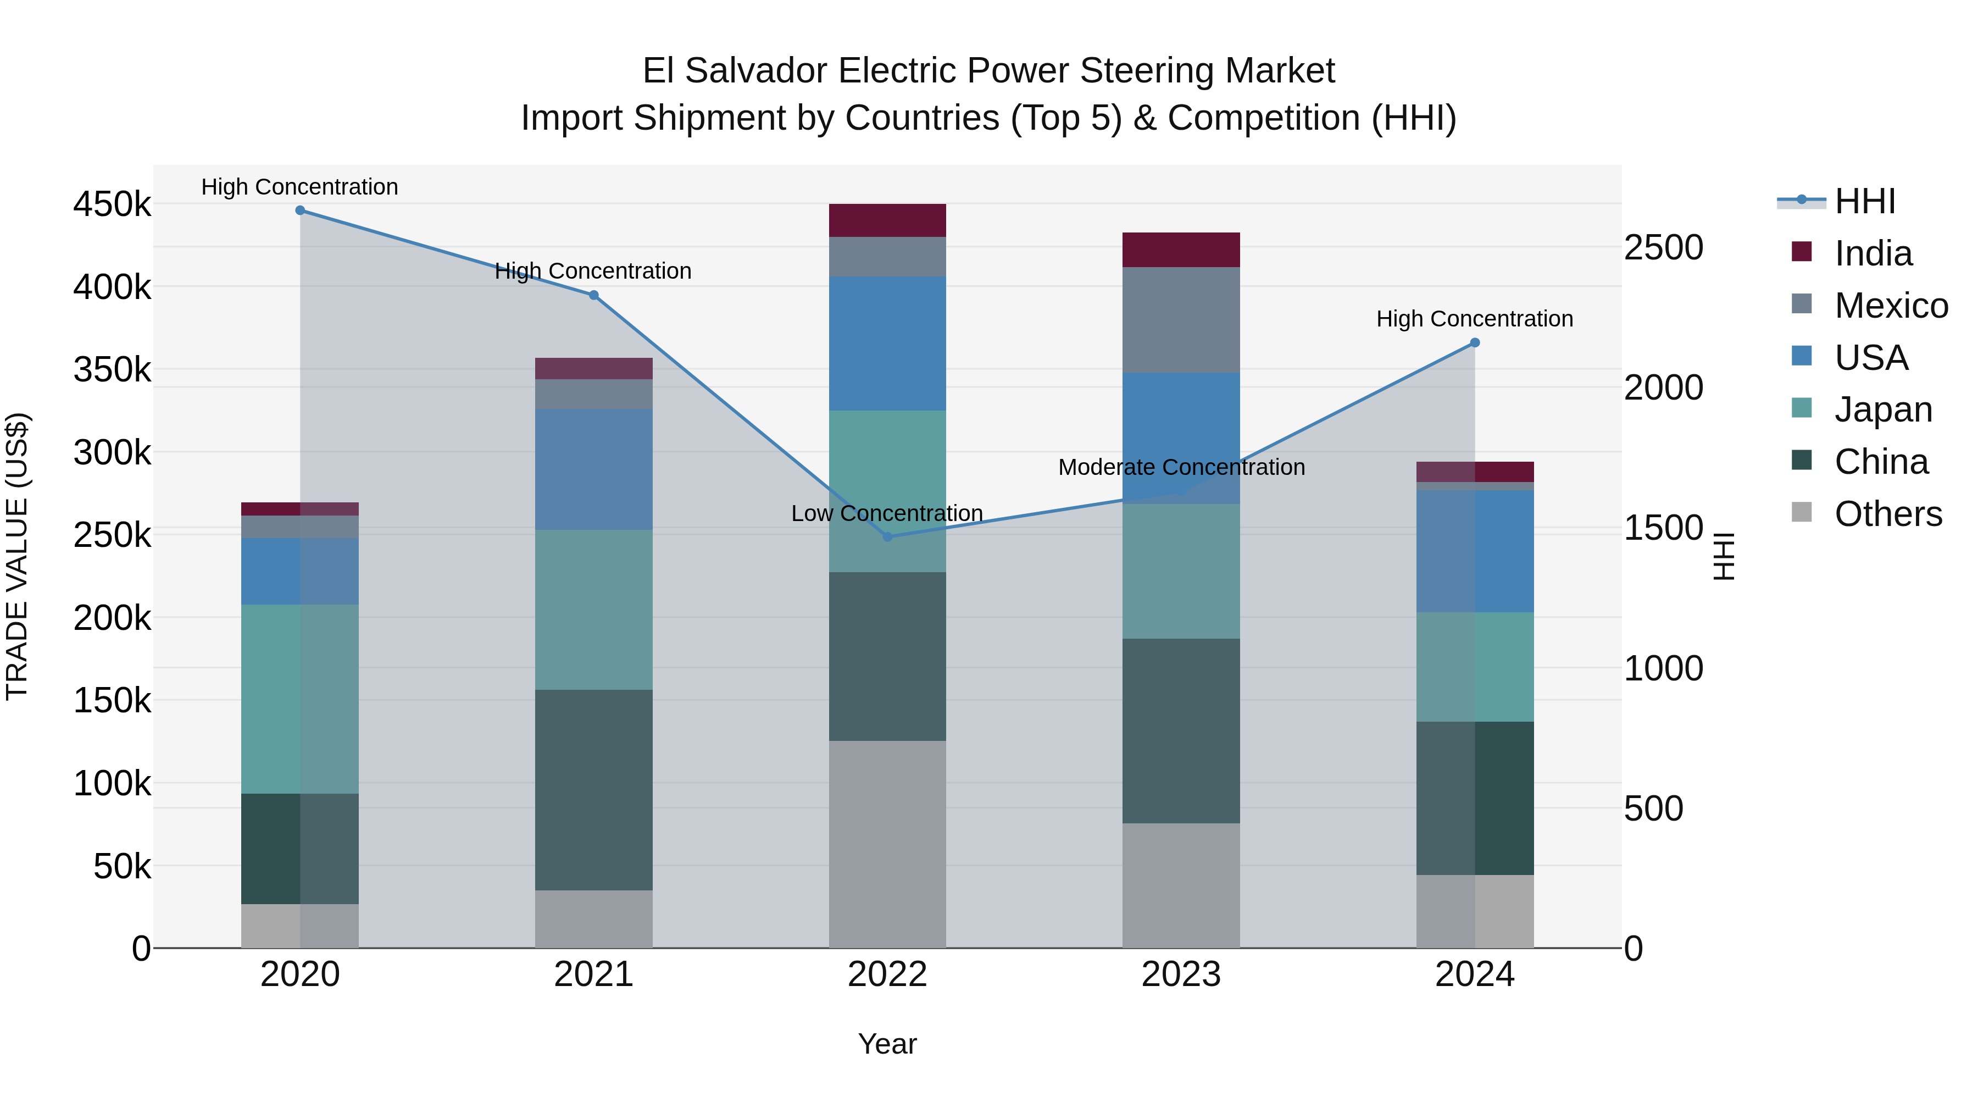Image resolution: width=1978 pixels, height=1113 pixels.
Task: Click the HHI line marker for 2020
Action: (300, 211)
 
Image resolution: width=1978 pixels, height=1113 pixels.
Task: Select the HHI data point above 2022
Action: (888, 537)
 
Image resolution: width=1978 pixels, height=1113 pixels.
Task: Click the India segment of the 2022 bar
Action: (888, 220)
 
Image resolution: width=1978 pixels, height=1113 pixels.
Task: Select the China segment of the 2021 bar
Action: (593, 790)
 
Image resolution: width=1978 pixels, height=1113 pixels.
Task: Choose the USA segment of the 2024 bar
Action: (1475, 551)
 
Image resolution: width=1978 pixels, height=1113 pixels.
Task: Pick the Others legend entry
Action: (1887, 514)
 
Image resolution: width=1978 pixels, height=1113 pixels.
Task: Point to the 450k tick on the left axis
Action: (112, 205)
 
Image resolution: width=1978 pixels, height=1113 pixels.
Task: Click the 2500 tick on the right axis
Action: (1664, 247)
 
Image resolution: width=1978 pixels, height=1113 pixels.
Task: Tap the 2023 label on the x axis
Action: (1181, 974)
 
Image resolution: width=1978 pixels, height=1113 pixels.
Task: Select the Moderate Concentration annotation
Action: (1181, 467)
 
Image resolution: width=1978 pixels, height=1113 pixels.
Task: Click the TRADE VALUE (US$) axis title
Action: (18, 556)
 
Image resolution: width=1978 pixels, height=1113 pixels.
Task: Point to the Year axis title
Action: (888, 1044)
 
